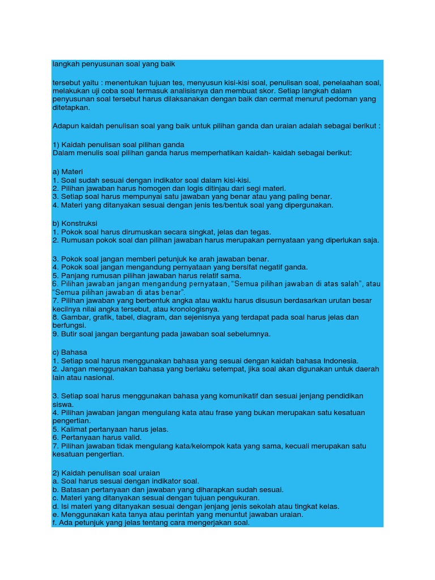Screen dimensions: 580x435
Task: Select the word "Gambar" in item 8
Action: (72, 318)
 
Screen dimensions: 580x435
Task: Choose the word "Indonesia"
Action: (340, 361)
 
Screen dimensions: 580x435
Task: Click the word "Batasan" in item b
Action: (75, 489)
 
